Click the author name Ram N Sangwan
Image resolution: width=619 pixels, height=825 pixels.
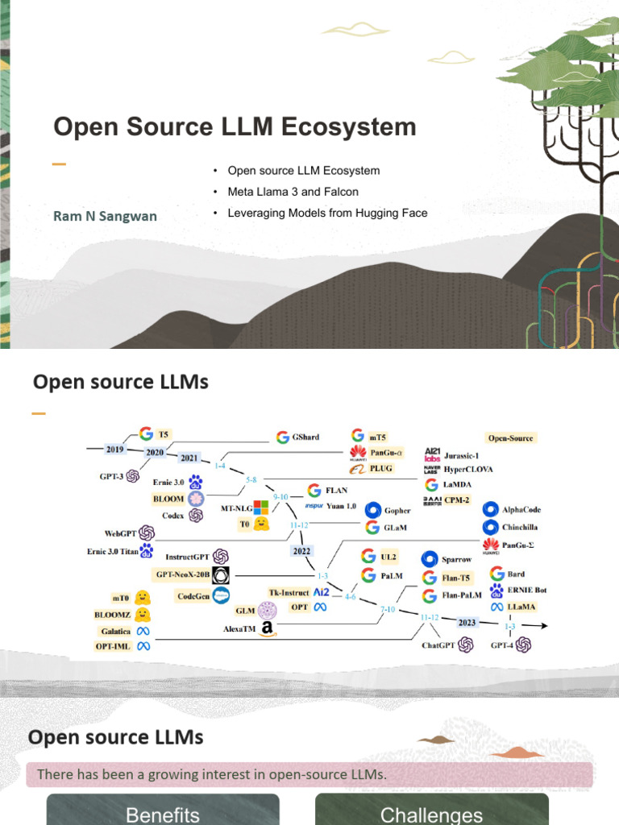point(105,216)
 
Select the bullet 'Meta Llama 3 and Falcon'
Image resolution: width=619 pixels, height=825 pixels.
point(293,192)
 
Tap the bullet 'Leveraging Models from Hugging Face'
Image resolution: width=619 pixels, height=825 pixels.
point(327,213)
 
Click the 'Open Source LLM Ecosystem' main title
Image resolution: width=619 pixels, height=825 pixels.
point(235,126)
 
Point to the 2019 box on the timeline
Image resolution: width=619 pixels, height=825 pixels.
point(114,448)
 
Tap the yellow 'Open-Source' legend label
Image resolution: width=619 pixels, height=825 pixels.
point(510,437)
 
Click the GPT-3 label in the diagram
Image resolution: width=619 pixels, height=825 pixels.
point(111,476)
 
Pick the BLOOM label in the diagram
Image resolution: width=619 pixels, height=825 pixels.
point(168,499)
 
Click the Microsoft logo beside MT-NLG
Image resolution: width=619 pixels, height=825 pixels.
point(261,508)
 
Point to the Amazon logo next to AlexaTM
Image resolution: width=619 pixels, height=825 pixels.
point(267,629)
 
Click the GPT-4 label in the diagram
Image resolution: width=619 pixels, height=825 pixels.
point(503,645)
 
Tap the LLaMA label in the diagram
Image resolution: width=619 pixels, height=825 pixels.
point(521,606)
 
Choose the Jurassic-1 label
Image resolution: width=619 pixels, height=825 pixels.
point(467,454)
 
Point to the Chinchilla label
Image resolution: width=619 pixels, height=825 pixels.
point(519,527)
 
